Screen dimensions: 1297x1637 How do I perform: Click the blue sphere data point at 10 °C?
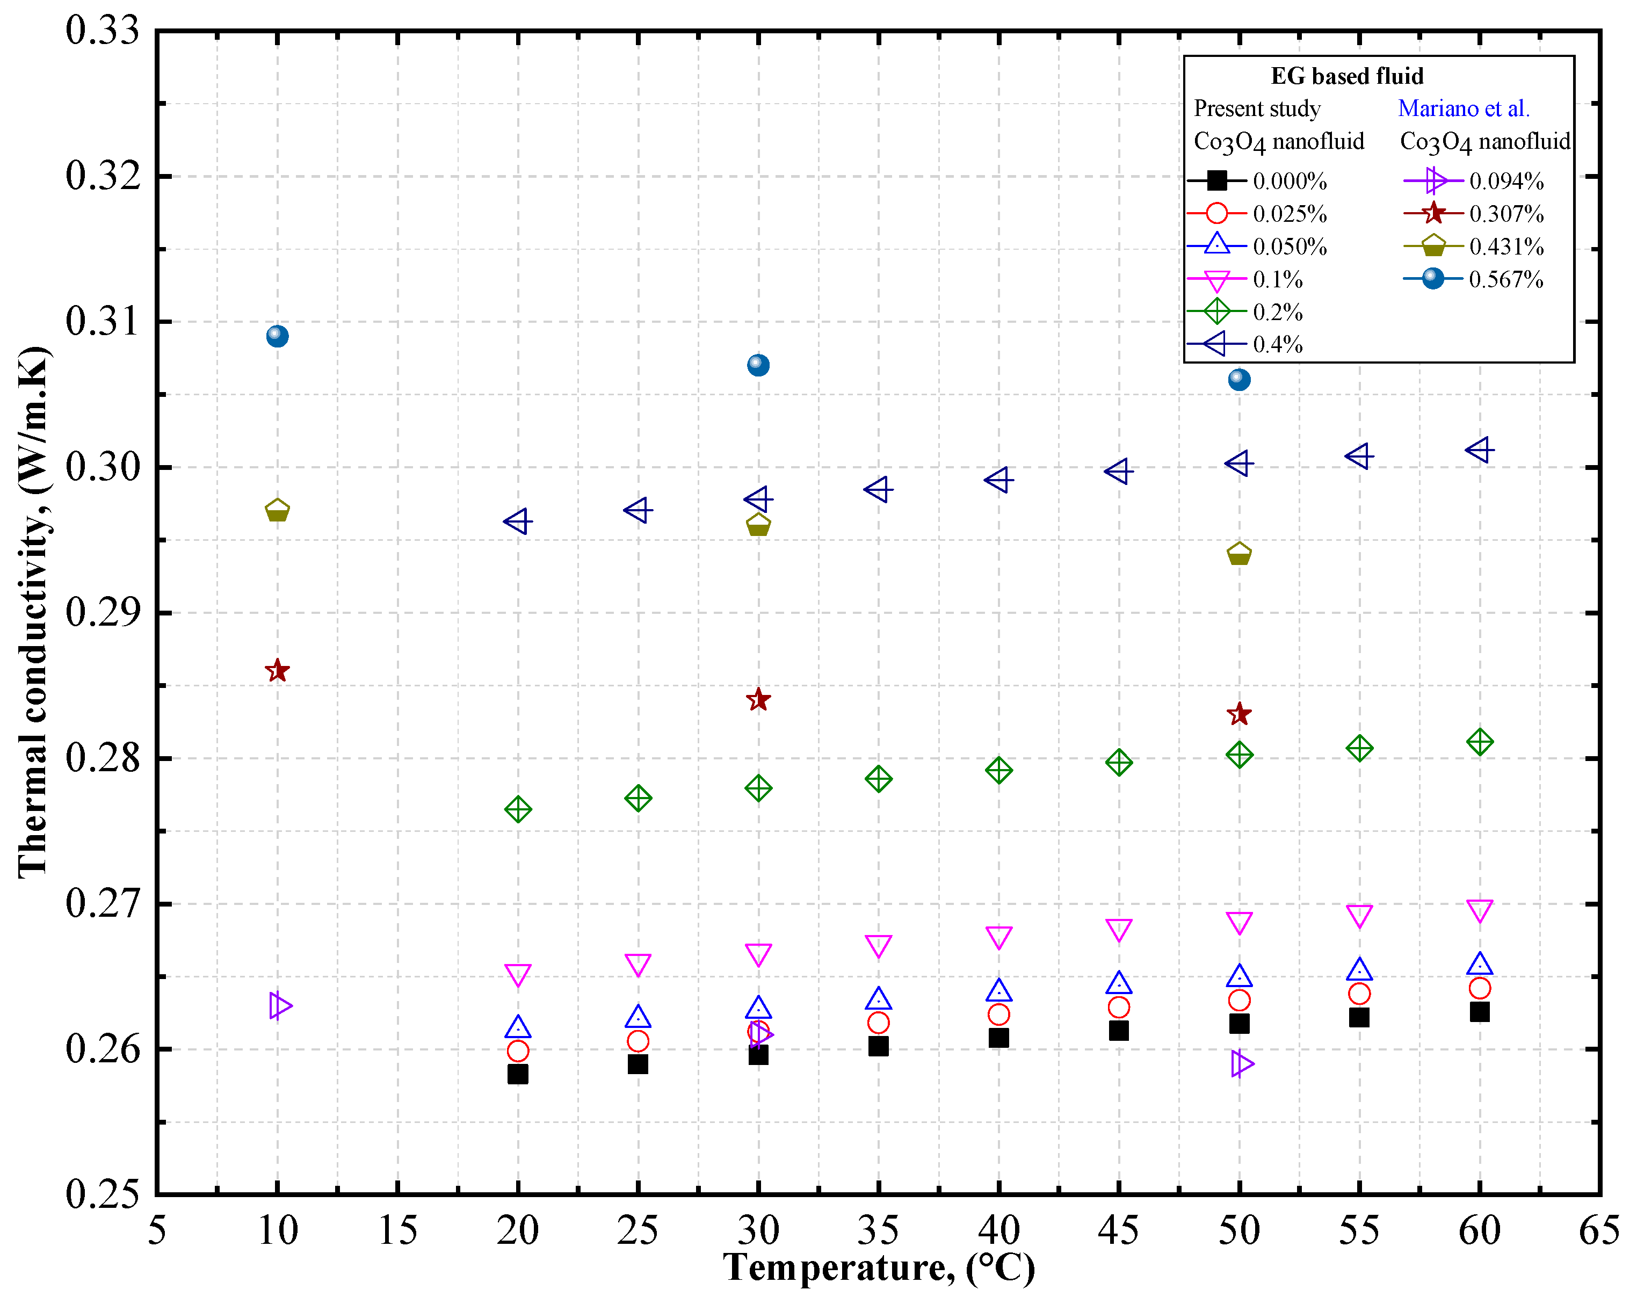(x=277, y=336)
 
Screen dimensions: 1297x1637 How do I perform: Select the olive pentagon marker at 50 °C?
(x=1238, y=554)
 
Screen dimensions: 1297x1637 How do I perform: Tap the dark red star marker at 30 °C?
(x=758, y=699)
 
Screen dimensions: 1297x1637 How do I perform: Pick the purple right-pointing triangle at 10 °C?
(x=279, y=1005)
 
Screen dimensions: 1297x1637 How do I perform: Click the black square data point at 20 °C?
(x=518, y=1074)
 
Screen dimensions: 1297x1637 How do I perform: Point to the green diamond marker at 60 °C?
(x=1479, y=742)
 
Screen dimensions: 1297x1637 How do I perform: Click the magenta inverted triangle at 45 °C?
(x=1118, y=930)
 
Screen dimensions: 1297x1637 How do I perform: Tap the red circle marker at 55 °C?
(x=1359, y=993)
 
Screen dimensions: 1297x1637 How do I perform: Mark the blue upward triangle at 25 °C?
(x=638, y=1017)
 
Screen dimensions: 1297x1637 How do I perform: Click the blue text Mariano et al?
(x=1463, y=108)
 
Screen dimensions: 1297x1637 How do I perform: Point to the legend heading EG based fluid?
(x=1347, y=76)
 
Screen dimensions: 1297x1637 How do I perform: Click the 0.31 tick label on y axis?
(x=103, y=321)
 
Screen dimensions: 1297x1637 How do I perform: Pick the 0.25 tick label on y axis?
(x=103, y=1194)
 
